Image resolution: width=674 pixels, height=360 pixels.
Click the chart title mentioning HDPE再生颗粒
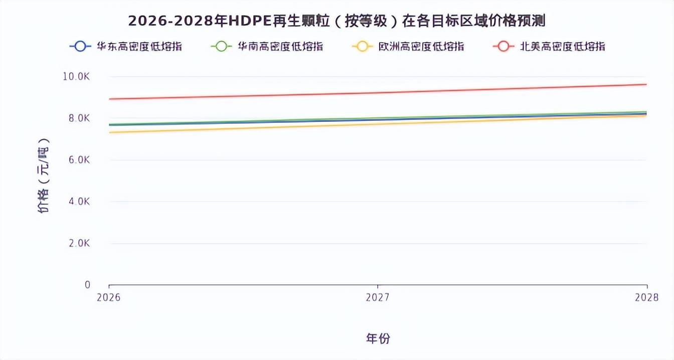pos(336,21)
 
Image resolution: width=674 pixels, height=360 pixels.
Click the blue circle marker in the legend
pos(80,47)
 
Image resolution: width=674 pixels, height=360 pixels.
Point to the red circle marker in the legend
pos(503,47)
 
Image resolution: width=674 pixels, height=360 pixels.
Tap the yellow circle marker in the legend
pos(363,47)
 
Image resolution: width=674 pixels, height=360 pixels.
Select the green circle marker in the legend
pos(221,47)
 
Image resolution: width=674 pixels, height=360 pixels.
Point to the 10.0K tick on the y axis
pos(76,77)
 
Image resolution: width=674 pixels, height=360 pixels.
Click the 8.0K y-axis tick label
pos(79,118)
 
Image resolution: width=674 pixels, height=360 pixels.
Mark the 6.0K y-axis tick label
pos(79,160)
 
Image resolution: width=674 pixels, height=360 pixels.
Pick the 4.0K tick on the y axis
pos(79,202)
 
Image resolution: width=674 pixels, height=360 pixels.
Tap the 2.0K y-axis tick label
pos(79,243)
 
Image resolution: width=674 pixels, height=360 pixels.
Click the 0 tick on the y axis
pos(87,285)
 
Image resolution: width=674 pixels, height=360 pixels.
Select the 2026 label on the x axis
pos(109,297)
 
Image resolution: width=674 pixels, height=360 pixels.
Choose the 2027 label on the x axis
pos(378,297)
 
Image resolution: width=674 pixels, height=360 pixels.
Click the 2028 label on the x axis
pos(646,297)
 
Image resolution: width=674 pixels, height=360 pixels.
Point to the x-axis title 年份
pos(378,338)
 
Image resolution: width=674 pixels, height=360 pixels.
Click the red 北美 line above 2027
pos(378,92)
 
